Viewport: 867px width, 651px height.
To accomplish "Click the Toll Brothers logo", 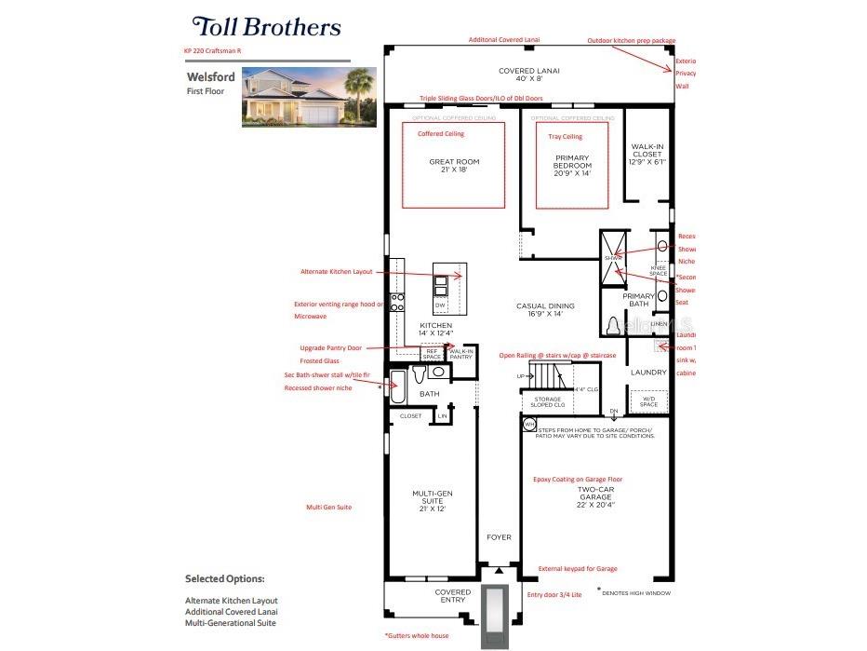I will (266, 27).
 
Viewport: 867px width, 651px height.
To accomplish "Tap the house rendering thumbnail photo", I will (309, 96).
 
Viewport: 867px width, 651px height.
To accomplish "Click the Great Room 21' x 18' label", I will (454, 166).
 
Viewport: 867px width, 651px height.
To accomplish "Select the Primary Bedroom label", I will (572, 165).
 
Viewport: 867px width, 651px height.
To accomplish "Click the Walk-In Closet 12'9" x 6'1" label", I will (647, 154).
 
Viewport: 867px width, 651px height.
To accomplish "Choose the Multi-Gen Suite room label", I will (431, 502).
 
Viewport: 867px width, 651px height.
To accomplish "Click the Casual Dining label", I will (546, 309).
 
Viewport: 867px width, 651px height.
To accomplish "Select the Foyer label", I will (499, 537).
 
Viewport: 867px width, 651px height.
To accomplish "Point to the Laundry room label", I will (648, 372).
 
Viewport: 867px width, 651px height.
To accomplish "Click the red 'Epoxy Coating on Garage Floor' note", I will (577, 479).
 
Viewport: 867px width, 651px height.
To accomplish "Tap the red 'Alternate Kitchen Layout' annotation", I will (336, 272).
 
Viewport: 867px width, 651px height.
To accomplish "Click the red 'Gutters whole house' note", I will (416, 635).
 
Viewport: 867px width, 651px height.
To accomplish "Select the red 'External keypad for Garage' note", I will (577, 568).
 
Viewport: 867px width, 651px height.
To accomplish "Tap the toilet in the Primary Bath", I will (613, 326).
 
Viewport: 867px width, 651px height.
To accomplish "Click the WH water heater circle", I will (529, 424).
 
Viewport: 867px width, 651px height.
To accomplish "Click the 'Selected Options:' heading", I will (224, 578).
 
